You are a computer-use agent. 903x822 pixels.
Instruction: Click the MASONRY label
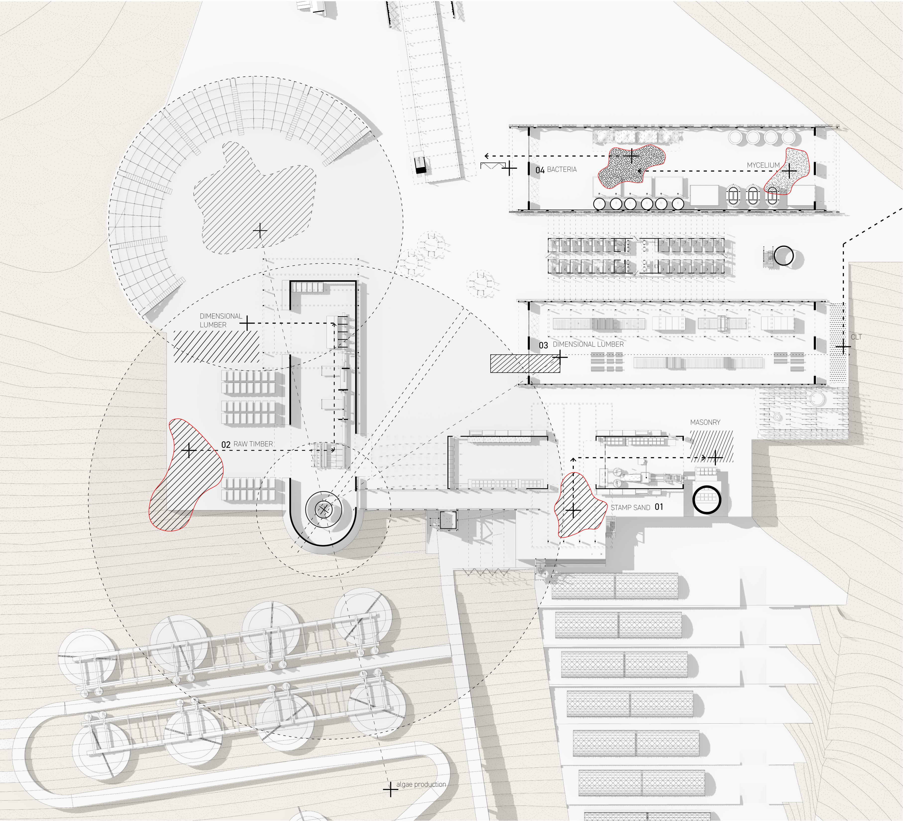pyautogui.click(x=705, y=422)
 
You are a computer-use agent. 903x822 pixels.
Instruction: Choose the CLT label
pyautogui.click(x=856, y=337)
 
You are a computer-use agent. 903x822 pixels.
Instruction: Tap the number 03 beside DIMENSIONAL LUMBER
pyautogui.click(x=543, y=345)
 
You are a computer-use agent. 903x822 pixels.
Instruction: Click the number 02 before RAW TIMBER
pyautogui.click(x=226, y=445)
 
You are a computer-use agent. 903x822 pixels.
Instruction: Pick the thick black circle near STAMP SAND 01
pyautogui.click(x=706, y=500)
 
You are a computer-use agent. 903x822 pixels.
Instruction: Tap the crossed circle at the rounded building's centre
pyautogui.click(x=323, y=509)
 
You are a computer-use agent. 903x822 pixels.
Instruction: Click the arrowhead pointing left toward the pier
pyautogui.click(x=486, y=156)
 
